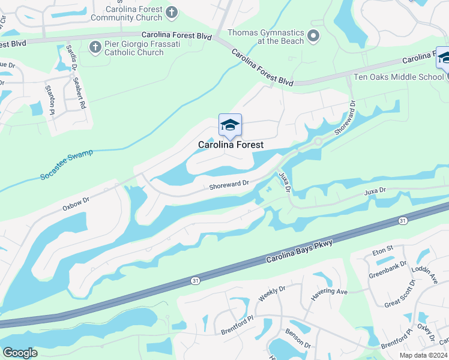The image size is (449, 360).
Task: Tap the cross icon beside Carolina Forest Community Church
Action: click(171, 11)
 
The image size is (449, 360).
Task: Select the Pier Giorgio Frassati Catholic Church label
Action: click(134, 48)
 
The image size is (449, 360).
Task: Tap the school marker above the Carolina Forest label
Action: click(230, 125)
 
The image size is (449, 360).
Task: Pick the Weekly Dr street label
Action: click(268, 295)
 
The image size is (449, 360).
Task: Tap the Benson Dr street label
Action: click(298, 340)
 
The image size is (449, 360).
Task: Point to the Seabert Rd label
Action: click(79, 92)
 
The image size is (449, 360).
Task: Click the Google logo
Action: click(20, 352)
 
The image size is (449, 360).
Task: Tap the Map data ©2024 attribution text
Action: click(423, 355)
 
